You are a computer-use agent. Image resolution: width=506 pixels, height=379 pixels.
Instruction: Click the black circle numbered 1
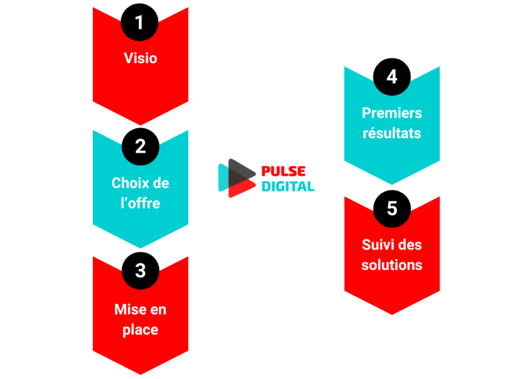point(140,23)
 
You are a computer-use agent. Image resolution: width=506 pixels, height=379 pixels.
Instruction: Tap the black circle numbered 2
point(140,146)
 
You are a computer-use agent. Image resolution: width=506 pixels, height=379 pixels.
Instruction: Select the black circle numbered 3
point(140,270)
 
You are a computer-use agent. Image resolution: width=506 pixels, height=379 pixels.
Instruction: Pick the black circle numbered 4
point(392,77)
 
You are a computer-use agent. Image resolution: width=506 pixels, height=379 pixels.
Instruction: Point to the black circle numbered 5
point(392,209)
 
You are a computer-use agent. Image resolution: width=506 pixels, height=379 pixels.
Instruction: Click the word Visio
point(140,58)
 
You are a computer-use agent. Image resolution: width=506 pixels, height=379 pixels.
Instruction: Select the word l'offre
point(140,203)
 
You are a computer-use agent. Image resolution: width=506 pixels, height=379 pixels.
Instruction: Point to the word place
point(140,329)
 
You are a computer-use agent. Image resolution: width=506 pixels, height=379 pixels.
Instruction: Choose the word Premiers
point(392,113)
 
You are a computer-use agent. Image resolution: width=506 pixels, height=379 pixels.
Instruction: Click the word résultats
point(392,134)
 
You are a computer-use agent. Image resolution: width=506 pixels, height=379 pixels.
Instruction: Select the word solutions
point(392,265)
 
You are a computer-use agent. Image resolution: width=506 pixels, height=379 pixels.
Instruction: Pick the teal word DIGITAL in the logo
point(288,186)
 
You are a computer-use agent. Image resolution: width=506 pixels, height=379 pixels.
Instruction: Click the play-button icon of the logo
point(236,178)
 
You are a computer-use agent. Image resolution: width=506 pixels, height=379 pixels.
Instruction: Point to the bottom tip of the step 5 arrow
point(392,313)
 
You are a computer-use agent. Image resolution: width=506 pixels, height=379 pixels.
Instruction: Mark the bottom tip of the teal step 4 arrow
point(392,184)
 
